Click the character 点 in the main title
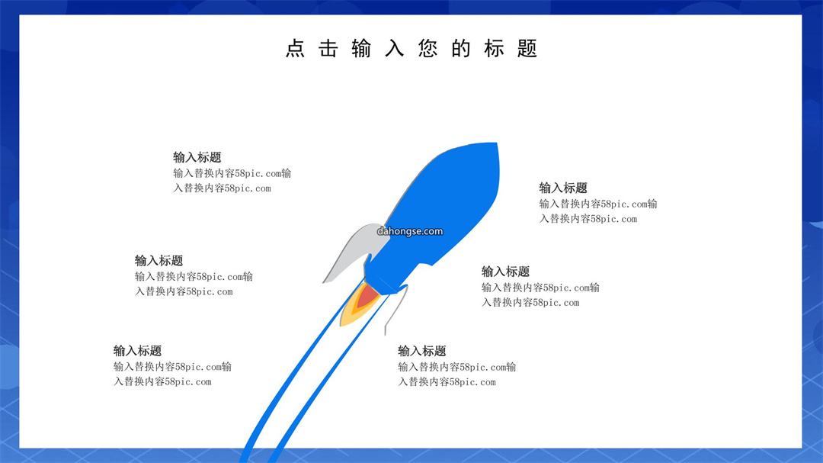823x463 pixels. point(295,48)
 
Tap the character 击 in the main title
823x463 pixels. point(328,48)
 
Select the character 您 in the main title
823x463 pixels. point(428,48)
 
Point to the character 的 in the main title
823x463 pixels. point(461,48)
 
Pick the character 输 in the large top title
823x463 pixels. point(361,48)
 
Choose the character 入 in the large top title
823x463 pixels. point(394,48)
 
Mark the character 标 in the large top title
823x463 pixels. point(494,48)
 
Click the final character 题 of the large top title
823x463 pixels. point(527,48)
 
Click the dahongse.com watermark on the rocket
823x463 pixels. point(410,231)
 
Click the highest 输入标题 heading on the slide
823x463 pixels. point(197,157)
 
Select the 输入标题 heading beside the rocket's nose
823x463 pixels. point(563,188)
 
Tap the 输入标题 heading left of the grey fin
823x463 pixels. point(159,261)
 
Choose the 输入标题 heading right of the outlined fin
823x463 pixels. point(506,272)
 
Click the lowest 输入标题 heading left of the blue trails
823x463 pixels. point(137,351)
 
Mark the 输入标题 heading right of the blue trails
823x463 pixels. point(422,351)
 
